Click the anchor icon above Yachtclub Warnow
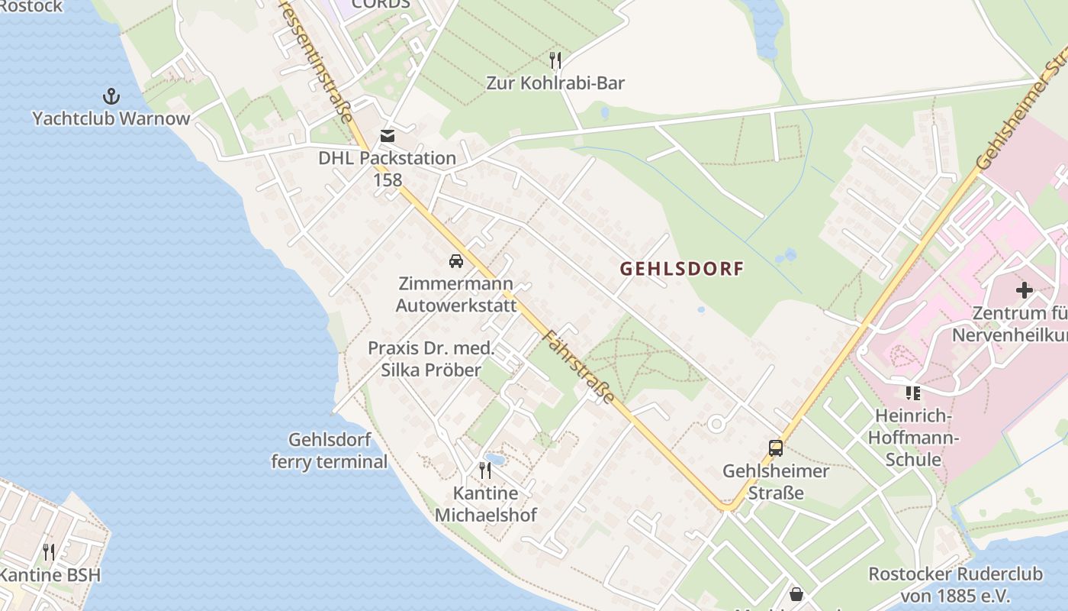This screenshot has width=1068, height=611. tap(111, 96)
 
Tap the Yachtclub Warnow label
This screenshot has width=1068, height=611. tap(111, 118)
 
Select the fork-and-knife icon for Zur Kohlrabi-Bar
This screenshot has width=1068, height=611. tap(555, 60)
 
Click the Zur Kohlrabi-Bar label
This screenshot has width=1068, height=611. tap(555, 82)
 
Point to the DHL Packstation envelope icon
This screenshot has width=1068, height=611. tap(388, 136)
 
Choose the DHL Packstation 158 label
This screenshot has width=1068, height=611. tap(388, 169)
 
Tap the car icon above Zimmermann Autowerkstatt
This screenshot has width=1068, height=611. tap(456, 260)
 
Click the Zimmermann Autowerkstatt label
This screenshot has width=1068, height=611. tap(456, 294)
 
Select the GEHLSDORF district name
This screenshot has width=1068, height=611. tap(681, 269)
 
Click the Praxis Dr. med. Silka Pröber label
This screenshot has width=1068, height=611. tap(432, 359)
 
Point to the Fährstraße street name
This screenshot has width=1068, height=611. tap(579, 367)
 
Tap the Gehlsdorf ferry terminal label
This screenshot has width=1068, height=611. tap(330, 451)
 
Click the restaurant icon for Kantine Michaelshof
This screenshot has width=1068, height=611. tap(485, 470)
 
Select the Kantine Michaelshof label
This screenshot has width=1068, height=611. tap(485, 503)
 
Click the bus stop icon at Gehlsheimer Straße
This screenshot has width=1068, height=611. tap(776, 448)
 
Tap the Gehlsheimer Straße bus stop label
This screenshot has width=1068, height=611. tap(776, 481)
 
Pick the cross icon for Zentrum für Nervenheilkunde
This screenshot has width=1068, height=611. tap(1025, 290)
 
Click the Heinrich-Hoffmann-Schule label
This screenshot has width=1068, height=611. tap(914, 438)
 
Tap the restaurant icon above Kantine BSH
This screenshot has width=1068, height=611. tap(49, 551)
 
